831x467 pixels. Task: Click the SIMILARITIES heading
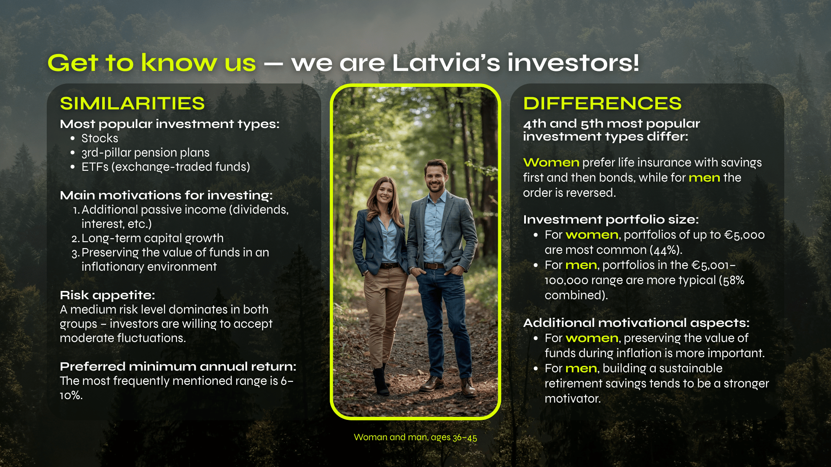(132, 103)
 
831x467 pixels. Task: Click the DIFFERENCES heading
(602, 103)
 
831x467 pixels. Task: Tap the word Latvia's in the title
(446, 63)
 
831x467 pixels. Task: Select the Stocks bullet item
(100, 138)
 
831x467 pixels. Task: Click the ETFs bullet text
(166, 167)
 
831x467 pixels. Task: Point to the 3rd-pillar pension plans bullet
(145, 153)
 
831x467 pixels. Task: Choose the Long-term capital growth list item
(152, 238)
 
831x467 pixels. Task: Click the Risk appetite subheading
(107, 295)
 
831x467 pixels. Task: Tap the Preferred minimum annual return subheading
(178, 367)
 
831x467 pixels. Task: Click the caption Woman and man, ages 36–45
(415, 437)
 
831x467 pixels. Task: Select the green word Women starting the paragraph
(551, 163)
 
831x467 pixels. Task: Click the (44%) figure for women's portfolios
(666, 250)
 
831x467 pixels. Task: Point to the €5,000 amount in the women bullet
(744, 235)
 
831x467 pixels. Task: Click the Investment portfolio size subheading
(611, 220)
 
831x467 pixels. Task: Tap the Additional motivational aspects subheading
(636, 323)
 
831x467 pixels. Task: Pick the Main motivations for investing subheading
(166, 195)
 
